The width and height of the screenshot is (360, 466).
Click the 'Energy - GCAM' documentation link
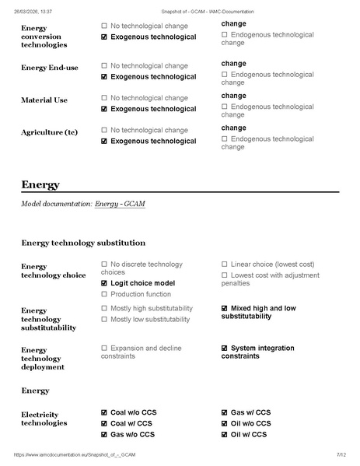click(120, 204)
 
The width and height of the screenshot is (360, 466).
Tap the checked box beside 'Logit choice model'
click(104, 283)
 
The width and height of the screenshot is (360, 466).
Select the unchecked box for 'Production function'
click(104, 294)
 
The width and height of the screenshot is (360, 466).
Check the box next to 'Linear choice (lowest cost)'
click(225, 265)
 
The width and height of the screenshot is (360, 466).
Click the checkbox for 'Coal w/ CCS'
click(104, 423)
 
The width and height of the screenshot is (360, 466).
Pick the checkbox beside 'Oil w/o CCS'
click(225, 423)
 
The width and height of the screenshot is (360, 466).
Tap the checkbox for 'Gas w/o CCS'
click(104, 434)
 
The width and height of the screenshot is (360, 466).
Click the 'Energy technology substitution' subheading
click(83, 243)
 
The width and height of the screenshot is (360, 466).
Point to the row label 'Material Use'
click(44, 100)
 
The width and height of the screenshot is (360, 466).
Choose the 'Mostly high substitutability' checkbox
click(104, 309)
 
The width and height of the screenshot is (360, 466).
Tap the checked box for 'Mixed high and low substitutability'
click(225, 309)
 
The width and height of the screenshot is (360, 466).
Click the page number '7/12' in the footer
click(341, 454)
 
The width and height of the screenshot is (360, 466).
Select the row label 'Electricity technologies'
click(44, 418)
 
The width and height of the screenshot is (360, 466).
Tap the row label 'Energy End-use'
click(50, 68)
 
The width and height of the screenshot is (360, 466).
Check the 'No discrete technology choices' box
click(104, 265)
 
